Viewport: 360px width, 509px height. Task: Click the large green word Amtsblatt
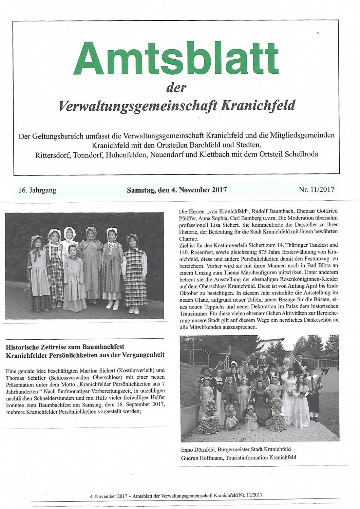(179, 59)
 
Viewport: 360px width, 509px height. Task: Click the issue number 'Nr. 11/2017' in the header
(316, 189)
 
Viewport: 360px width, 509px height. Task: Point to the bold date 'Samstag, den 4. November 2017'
(176, 190)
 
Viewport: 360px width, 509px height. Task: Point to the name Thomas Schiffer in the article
(24, 377)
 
